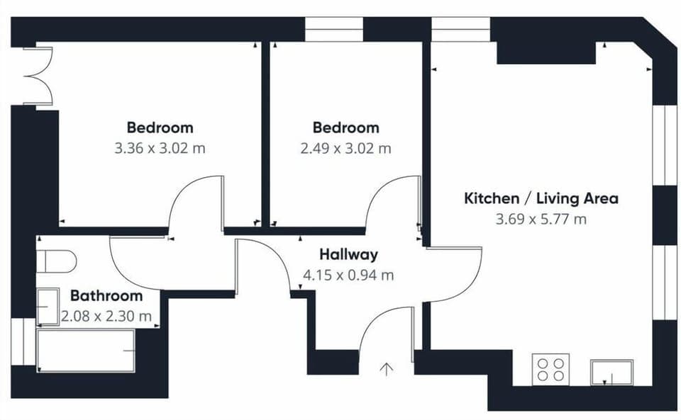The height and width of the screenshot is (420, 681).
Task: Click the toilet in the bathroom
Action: coord(57,261)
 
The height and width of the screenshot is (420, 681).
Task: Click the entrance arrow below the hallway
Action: coord(387,369)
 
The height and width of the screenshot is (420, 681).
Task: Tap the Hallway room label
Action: coord(348,254)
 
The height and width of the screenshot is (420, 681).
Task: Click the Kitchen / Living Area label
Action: coord(541,198)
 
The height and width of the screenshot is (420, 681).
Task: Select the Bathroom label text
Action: coord(106,296)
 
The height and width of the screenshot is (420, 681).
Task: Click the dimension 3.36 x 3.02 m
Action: coord(160,149)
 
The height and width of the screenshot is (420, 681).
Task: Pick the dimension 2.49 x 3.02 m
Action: coord(346,149)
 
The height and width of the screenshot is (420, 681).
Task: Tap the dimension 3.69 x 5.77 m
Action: coord(541,219)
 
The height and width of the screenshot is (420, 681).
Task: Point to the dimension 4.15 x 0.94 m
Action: coord(348,275)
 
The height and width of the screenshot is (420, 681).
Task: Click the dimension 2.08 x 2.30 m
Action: coord(106,316)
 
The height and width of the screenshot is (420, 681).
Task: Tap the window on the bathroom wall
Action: coord(23,342)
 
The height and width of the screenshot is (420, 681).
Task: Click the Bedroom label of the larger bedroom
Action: coord(160,128)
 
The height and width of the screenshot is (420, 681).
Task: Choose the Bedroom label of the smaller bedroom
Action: coord(346,128)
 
